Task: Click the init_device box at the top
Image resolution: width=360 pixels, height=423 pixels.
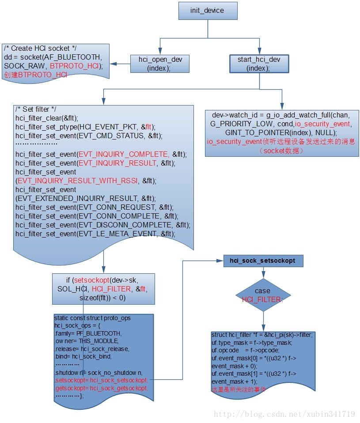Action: pos(208,11)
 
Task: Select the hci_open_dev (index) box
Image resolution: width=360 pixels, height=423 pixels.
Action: pos(160,64)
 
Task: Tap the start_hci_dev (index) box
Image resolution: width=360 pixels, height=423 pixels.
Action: pos(259,64)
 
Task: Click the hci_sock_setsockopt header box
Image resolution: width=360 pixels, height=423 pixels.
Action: pos(263,261)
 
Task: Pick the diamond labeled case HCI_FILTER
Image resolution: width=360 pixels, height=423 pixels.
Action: pos(263,295)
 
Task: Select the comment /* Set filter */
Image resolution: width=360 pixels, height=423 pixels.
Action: pos(36,110)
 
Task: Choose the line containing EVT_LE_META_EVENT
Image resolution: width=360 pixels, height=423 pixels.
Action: pos(95,234)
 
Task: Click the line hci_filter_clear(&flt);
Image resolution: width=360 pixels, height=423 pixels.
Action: pos(47,118)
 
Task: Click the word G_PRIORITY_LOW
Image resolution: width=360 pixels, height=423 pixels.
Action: pos(243,124)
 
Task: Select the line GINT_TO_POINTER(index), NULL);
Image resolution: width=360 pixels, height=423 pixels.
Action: pos(281,132)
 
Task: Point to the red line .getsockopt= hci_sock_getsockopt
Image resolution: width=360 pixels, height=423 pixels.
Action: pos(101,388)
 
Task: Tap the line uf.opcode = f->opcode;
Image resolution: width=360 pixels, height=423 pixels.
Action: pos(245,350)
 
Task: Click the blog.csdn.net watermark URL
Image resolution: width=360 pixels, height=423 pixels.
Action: pos(284,414)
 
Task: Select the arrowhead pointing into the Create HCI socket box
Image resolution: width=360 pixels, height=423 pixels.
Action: pos(114,64)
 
